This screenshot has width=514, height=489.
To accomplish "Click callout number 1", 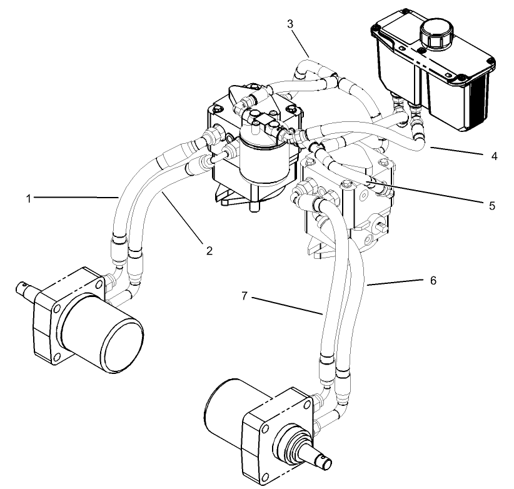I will pyautogui.click(x=28, y=198).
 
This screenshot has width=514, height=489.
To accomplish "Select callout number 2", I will pyautogui.click(x=209, y=251).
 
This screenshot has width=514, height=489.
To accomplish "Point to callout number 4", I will pyautogui.click(x=494, y=156).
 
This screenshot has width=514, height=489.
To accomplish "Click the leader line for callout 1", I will pyautogui.click(x=75, y=198).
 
